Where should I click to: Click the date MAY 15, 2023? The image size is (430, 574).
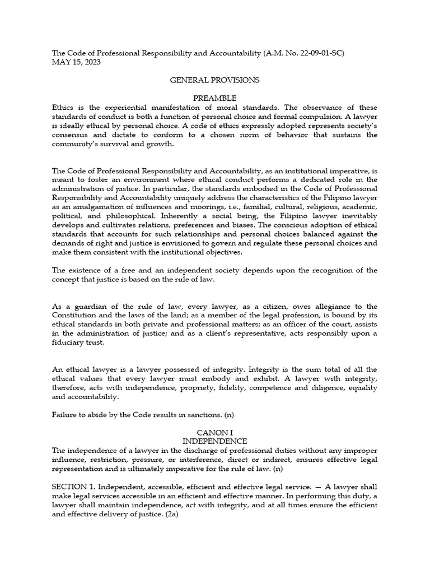pyautogui.click(x=74, y=62)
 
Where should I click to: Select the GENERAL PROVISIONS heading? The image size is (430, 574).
pyautogui.click(x=215, y=80)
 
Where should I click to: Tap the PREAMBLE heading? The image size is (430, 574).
pyautogui.click(x=215, y=98)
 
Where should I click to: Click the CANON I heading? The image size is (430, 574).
pyautogui.click(x=215, y=433)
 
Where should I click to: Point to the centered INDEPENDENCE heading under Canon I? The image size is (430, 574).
pyautogui.click(x=215, y=442)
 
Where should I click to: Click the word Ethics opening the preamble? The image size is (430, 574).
pyautogui.click(x=63, y=108)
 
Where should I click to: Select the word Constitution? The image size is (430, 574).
pyautogui.click(x=77, y=316)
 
